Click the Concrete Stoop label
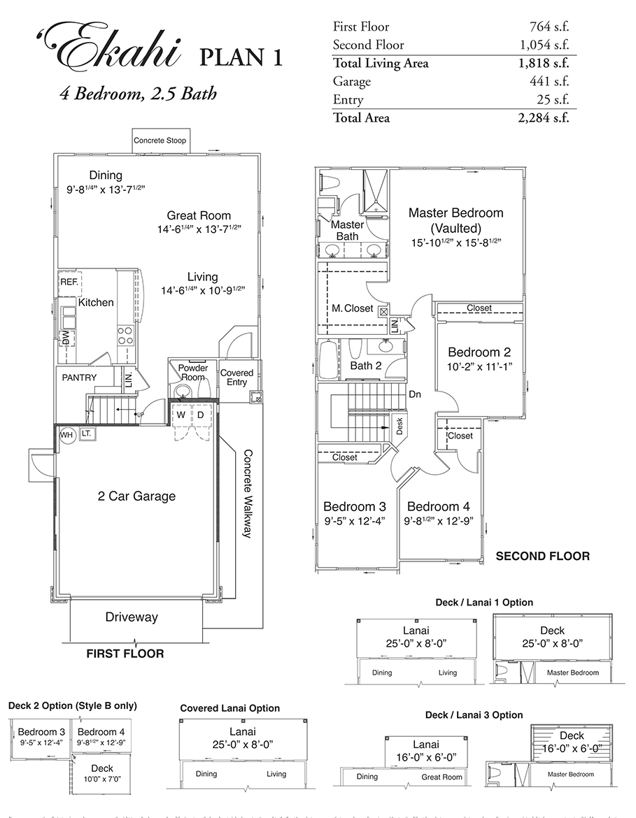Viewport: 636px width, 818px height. click(160, 141)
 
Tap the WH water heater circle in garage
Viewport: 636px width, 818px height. click(66, 435)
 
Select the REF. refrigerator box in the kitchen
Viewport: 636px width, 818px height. click(69, 282)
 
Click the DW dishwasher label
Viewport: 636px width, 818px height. click(66, 340)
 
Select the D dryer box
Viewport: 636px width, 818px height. click(201, 415)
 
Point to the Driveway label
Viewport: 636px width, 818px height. click(132, 617)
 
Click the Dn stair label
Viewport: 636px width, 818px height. click(414, 394)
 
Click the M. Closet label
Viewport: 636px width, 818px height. click(352, 308)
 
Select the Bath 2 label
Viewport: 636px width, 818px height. click(366, 365)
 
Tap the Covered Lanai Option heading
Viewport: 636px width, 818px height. click(229, 708)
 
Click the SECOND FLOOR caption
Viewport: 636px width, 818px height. click(542, 557)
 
